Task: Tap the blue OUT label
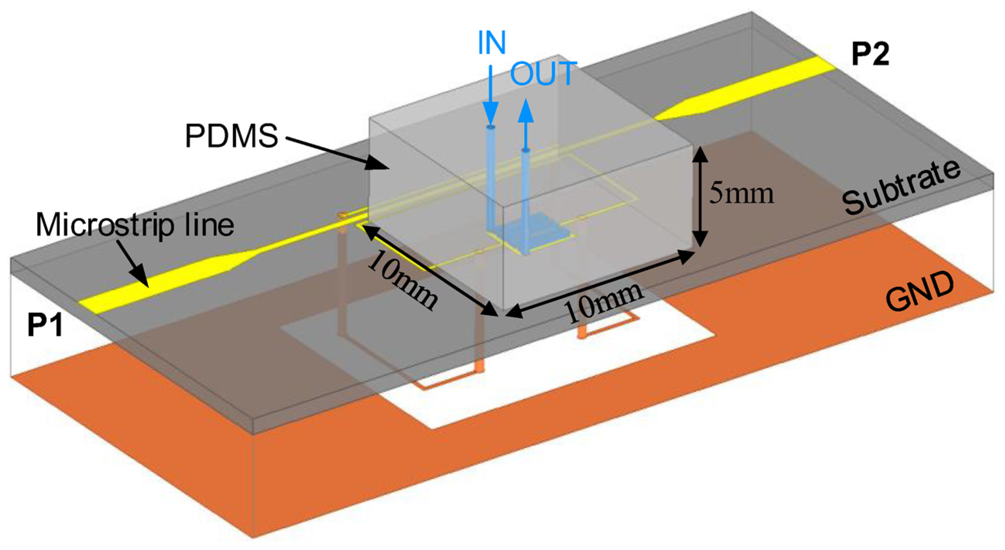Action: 543,74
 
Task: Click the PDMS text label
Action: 231,136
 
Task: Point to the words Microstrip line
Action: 135,226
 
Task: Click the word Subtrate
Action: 901,187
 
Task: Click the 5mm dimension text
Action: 741,194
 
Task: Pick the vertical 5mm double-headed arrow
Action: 701,197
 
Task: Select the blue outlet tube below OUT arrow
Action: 526,195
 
